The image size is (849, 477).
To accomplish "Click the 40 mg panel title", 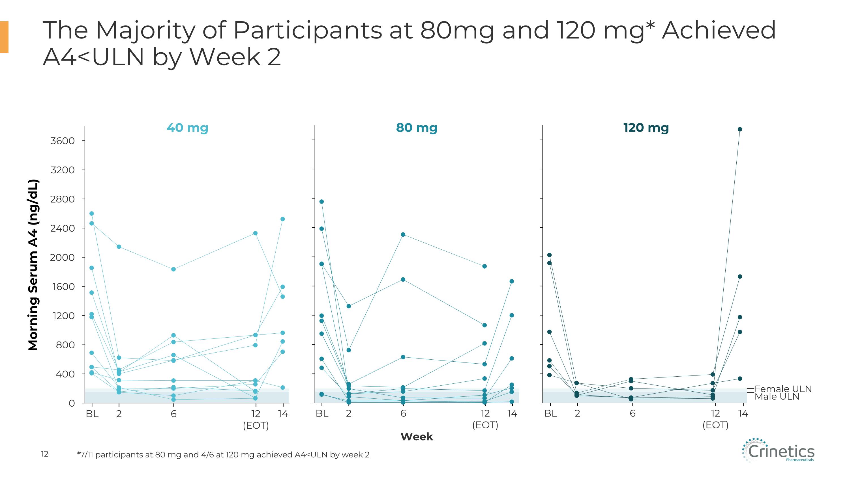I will [x=187, y=128].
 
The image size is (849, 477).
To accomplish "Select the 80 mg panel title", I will [x=417, y=128].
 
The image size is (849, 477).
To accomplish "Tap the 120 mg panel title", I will [x=646, y=128].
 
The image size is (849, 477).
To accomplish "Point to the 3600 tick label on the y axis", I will [x=63, y=141].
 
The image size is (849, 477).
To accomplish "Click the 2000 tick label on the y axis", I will [x=62, y=257].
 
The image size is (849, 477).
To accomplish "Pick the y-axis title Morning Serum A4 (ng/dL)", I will [x=33, y=265].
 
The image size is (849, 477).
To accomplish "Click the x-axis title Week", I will [x=417, y=437].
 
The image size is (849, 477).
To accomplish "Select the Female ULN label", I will [x=783, y=389].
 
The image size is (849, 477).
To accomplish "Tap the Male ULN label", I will [x=777, y=397].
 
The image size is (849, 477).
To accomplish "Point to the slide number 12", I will [x=44, y=454].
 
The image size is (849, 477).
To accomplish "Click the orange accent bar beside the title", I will [x=4, y=37].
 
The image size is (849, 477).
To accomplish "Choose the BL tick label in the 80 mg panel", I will [x=322, y=413].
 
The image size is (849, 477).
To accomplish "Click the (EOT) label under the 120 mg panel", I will [x=715, y=425].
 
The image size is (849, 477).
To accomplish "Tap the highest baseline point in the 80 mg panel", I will [x=322, y=202].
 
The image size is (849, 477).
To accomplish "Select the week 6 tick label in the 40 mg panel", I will [x=174, y=414].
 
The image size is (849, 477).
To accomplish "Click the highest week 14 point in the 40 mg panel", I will [x=282, y=219].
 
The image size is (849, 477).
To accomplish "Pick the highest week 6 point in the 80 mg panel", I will [x=403, y=234].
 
